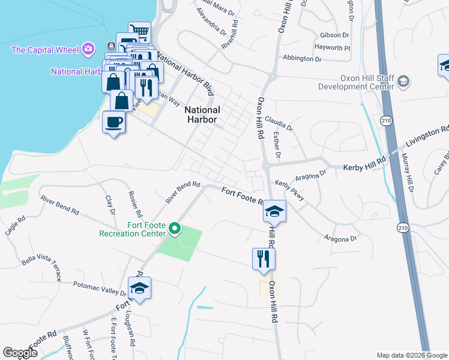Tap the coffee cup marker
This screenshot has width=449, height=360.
[114, 123]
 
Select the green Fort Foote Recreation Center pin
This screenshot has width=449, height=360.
[175, 228]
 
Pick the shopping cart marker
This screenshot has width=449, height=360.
[140, 31]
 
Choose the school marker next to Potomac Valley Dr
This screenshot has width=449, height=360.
[139, 289]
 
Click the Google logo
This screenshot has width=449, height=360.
[20, 353]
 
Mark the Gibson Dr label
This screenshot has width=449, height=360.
[335, 35]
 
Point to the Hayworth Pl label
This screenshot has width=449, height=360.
[332, 47]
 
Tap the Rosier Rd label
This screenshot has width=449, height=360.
[135, 205]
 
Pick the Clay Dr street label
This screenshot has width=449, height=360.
[110, 204]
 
